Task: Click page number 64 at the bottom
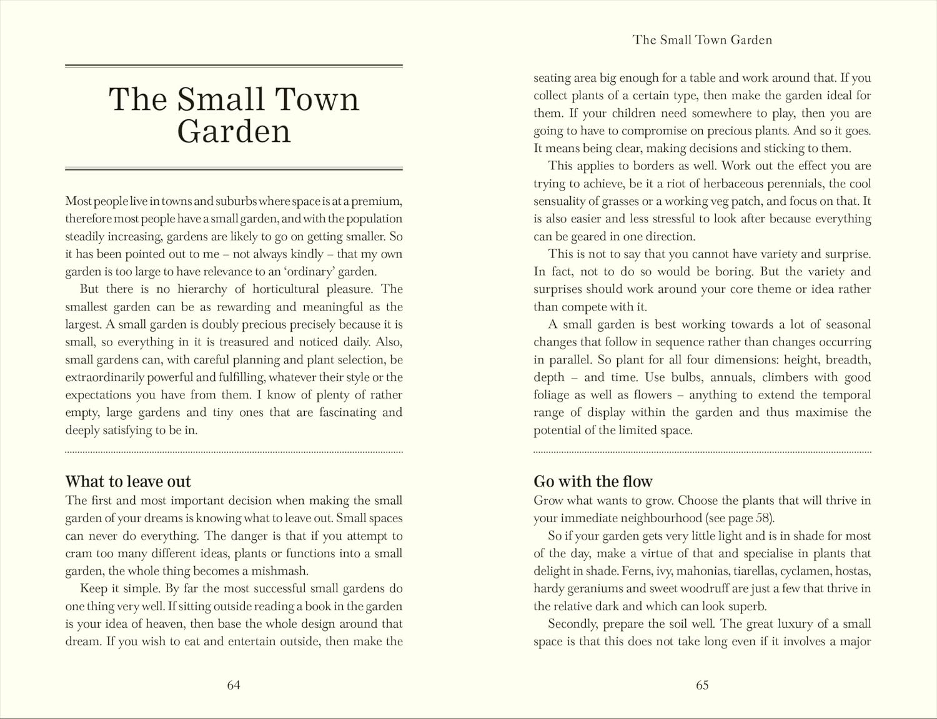(234, 685)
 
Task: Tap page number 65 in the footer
(702, 685)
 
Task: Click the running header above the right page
(702, 40)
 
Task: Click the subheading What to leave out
(128, 482)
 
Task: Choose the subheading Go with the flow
(593, 482)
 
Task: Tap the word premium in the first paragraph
(376, 201)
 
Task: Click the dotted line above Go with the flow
(702, 452)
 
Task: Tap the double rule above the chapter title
(234, 66)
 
